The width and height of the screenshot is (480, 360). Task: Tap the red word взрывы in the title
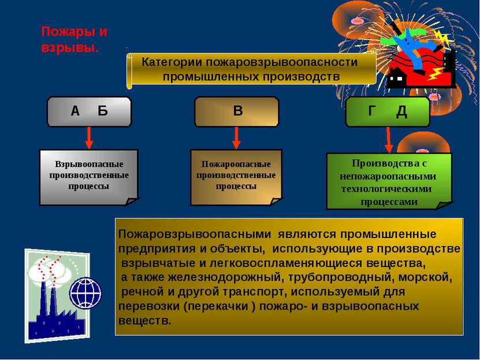tap(70, 49)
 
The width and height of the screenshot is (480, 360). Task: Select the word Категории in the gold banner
tap(172, 62)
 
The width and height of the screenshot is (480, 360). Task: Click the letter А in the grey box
tap(75, 111)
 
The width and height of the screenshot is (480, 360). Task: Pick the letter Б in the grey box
tap(103, 111)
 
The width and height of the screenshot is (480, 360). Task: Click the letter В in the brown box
tap(238, 110)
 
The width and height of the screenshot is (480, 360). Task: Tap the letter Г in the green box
tap(371, 110)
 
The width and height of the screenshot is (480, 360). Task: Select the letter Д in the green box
tap(401, 112)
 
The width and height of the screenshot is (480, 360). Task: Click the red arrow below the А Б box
tap(89, 138)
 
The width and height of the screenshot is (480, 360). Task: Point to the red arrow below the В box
tap(236, 138)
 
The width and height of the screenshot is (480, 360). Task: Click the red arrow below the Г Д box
tap(389, 140)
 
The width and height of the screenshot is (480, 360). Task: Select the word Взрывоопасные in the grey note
tap(89, 164)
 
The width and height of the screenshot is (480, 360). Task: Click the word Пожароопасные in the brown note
tap(236, 164)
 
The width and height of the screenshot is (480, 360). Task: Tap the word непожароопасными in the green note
tap(388, 177)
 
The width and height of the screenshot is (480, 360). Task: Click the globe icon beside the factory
tap(85, 293)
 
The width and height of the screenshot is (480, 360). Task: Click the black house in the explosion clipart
tap(397, 78)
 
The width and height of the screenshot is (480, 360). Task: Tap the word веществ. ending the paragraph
tap(144, 321)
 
